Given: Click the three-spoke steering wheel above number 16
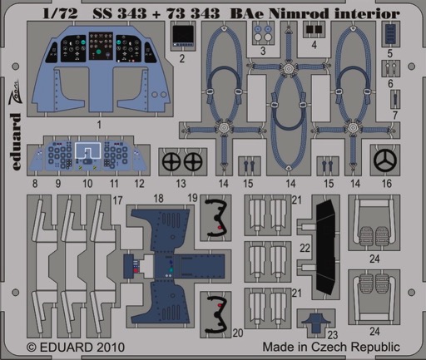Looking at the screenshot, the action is pos(385,160).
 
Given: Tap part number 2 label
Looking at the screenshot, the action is pos(182,58).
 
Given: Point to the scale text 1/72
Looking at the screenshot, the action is pos(60,13).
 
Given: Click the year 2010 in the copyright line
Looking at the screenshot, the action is pos(110,348).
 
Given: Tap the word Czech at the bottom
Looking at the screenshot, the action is pos(330,347).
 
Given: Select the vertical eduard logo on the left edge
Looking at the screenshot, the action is pos(17,141).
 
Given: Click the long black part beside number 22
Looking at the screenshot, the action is pos(327,247).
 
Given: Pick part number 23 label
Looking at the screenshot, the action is pos(333,335).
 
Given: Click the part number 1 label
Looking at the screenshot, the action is pos(99,125).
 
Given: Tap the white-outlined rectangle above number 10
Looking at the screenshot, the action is pos(87,150).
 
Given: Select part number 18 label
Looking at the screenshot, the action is pos(158,199).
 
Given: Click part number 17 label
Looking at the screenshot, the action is pos(117,200).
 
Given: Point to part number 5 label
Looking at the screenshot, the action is pos(390,53).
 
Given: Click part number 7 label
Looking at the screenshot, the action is pos(395,115).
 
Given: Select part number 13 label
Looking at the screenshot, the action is pos(181,184).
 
